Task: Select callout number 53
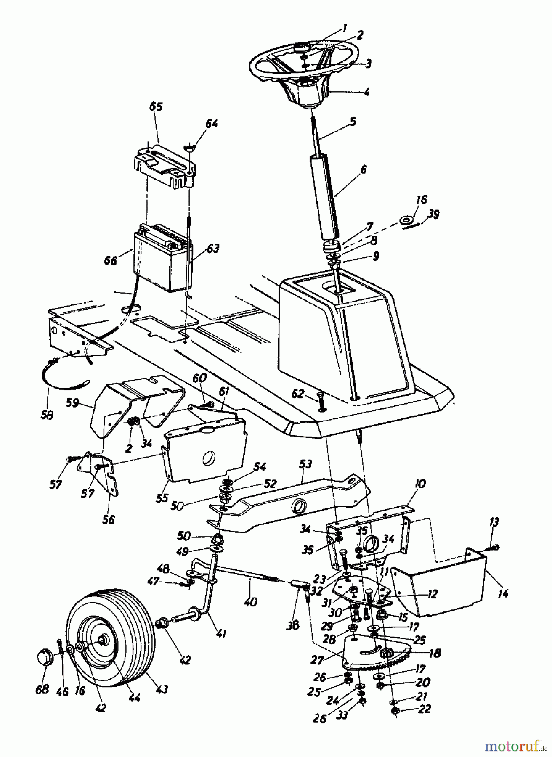306,464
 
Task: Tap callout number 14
503,593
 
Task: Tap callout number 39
433,214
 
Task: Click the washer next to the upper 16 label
406,220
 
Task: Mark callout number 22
425,709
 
